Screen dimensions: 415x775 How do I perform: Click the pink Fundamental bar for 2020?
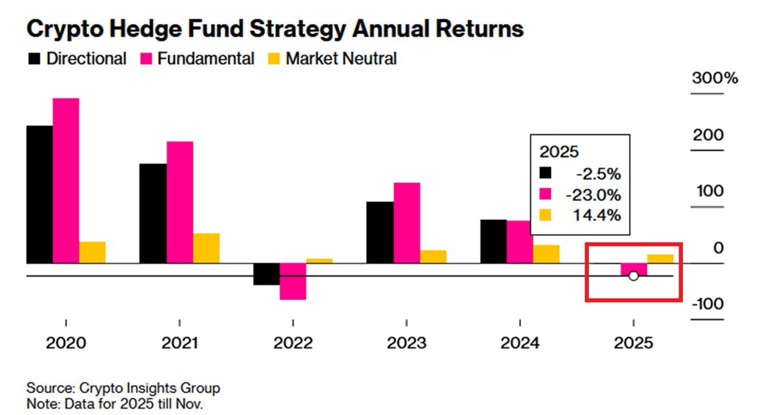point(66,180)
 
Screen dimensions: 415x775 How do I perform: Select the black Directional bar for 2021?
point(153,213)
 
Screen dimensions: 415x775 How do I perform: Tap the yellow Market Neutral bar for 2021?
point(206,248)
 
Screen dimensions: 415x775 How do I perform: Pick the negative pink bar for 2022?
point(293,281)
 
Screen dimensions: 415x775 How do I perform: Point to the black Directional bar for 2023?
point(380,233)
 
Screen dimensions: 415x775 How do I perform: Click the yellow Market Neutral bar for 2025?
point(660,259)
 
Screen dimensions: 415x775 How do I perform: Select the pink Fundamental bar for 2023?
point(407,223)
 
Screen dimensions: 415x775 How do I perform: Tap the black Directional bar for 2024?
point(493,241)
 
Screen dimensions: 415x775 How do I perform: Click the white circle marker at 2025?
point(634,276)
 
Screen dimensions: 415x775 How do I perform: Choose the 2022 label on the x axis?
point(293,343)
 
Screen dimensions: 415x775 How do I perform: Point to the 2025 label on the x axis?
point(634,343)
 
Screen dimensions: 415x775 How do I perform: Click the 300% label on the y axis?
point(714,79)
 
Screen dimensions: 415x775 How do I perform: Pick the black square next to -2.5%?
point(546,173)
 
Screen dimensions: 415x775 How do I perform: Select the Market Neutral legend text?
point(341,59)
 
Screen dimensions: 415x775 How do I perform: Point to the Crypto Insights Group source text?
point(149,388)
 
